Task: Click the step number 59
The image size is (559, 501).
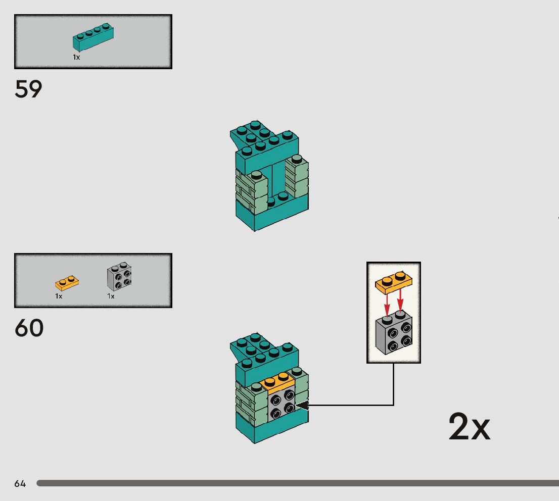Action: [x=28, y=89]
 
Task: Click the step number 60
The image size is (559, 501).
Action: [x=29, y=328]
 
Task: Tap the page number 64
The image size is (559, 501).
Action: [x=20, y=484]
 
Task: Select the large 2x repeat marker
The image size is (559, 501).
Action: [x=469, y=427]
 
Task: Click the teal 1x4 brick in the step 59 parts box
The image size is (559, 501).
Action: [x=93, y=38]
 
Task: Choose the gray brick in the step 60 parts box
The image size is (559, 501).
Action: [x=120, y=277]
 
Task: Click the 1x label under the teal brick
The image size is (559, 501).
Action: [x=76, y=58]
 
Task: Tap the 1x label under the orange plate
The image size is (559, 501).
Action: [x=59, y=296]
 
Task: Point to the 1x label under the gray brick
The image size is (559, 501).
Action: [x=111, y=296]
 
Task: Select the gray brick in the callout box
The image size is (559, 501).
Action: [x=394, y=335]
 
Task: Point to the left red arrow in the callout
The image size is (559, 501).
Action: [x=387, y=305]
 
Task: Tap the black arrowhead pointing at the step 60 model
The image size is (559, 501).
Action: [x=300, y=405]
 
